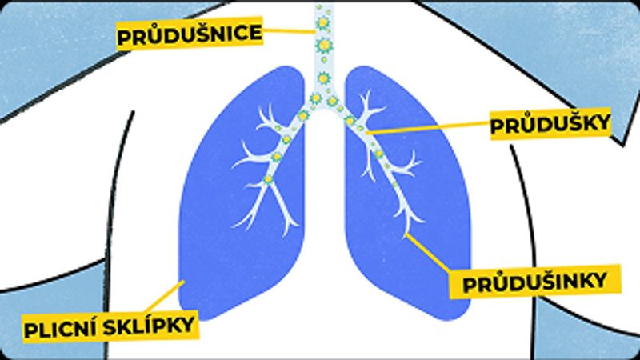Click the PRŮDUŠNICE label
tap(190, 35)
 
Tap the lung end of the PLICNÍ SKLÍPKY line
tap(184, 282)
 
